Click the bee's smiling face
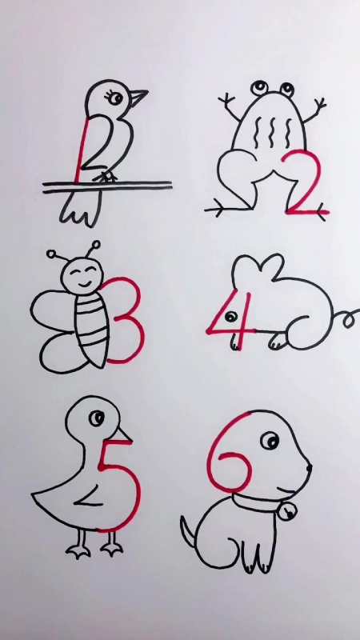(x=81, y=278)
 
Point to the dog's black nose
(x=309, y=468)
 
